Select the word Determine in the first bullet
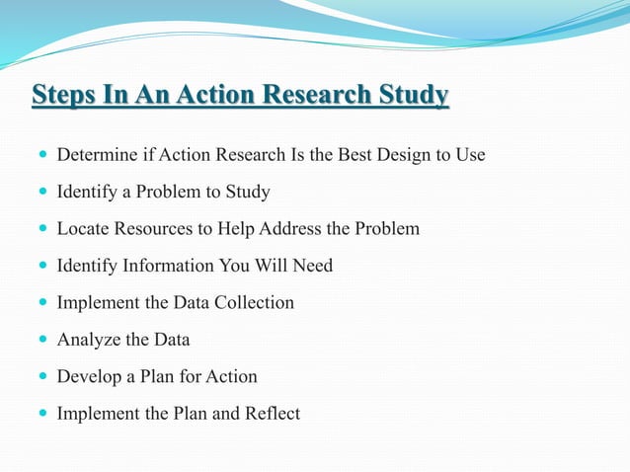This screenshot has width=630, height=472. [x=96, y=155]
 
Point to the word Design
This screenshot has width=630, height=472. [x=396, y=155]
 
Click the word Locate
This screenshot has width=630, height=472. [x=83, y=228]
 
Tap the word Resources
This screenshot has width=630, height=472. [x=154, y=228]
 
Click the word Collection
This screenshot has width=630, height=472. [x=255, y=302]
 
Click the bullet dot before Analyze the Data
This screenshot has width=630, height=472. [x=40, y=341]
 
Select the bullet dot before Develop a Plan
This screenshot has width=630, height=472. [x=40, y=377]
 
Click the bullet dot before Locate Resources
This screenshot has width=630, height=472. [x=40, y=229]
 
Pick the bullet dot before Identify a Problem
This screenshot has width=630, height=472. [x=40, y=193]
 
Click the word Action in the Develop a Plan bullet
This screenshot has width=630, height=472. [x=231, y=376]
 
